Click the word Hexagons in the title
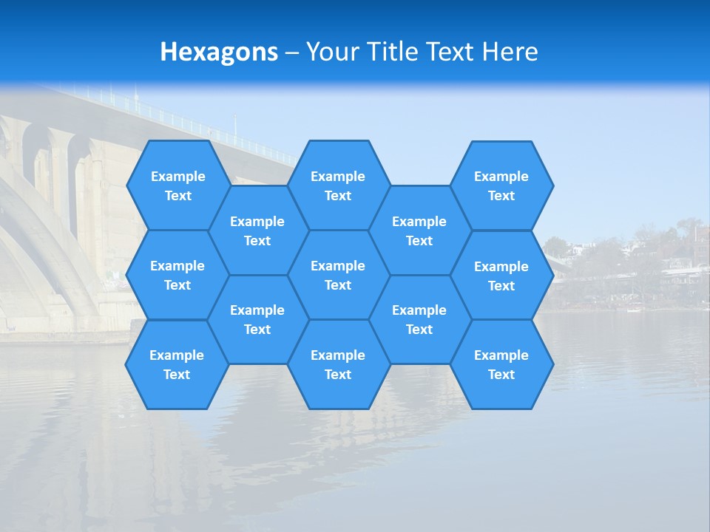(219, 52)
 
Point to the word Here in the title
(510, 52)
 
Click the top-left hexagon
(177, 185)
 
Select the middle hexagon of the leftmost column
(177, 275)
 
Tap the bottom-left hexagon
(177, 364)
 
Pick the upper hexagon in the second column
(257, 231)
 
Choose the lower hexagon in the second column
(257, 319)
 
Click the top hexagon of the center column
(338, 185)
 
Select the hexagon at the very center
(338, 275)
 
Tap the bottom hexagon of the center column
(338, 364)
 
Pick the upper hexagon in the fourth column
(419, 231)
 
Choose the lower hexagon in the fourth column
(419, 319)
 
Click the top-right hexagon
(501, 185)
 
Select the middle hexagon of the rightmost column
(501, 276)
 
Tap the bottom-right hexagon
(501, 364)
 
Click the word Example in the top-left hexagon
(177, 176)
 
